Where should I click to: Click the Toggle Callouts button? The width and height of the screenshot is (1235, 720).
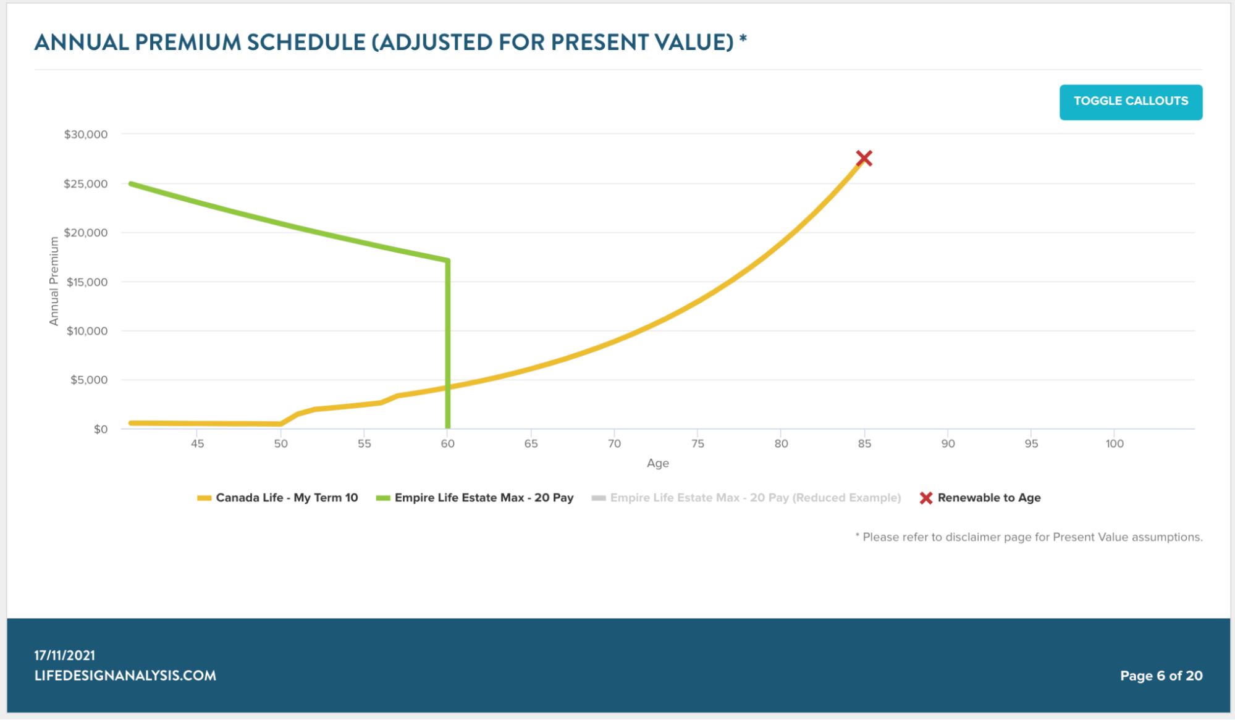[x=1131, y=102]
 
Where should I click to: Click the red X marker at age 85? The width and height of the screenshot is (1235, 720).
[x=864, y=159]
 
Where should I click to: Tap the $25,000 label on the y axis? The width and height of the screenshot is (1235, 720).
[x=86, y=184]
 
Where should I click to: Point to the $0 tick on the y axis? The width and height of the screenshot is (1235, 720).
[x=101, y=429]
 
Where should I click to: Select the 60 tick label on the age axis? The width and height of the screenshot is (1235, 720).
[x=447, y=443]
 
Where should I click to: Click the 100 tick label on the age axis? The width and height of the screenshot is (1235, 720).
[x=1115, y=443]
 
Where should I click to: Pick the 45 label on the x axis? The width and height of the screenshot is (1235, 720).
[x=197, y=443]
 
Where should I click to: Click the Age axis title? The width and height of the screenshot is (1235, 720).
[x=657, y=463]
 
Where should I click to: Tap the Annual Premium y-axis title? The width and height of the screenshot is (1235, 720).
[x=54, y=282]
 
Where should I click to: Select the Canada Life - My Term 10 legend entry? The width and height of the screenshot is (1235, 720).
[x=287, y=498]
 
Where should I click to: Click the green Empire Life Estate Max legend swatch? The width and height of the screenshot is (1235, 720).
[x=383, y=498]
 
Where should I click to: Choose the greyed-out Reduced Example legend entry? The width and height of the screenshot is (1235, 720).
[x=755, y=498]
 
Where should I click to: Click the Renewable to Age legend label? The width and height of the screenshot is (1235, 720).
[x=988, y=498]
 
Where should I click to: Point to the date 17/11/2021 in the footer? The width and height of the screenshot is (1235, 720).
[x=65, y=655]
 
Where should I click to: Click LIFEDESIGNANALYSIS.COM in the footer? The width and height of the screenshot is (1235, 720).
[x=125, y=676]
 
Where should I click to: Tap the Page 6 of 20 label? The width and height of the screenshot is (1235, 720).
[x=1161, y=676]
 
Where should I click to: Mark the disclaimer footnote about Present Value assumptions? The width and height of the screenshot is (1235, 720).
[x=1029, y=537]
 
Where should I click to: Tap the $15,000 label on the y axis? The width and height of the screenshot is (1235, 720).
[x=87, y=282]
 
